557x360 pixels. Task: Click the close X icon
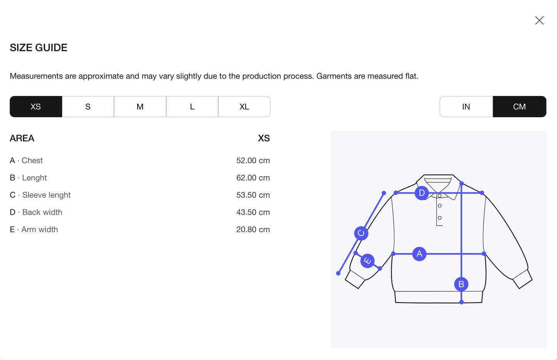(x=539, y=20)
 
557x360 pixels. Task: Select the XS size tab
(x=36, y=107)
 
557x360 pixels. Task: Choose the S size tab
(x=88, y=107)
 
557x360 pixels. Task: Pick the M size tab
(x=140, y=107)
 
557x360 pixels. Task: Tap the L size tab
(x=192, y=107)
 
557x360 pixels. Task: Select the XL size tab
(x=244, y=107)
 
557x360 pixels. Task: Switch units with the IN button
(x=466, y=107)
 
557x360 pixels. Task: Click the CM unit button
(x=520, y=107)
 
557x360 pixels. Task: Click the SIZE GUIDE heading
(x=39, y=48)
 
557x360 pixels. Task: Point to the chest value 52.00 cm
(x=253, y=161)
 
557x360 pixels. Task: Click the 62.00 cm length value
(x=253, y=178)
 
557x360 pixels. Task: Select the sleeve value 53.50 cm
(x=253, y=195)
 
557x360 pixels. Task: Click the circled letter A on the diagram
(x=419, y=254)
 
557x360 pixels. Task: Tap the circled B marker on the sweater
(x=461, y=284)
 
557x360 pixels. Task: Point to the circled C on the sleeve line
(x=361, y=233)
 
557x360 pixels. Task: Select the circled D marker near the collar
(x=422, y=193)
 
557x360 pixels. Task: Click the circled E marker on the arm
(x=367, y=261)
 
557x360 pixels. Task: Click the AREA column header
(x=22, y=138)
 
